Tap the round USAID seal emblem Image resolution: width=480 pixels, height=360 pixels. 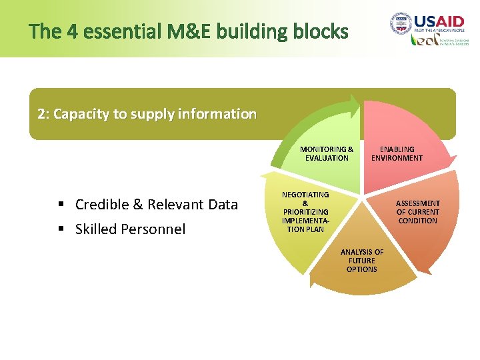point(401,24)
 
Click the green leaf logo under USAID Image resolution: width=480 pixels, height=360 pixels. point(421,40)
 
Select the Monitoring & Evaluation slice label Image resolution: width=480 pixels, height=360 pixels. point(327,153)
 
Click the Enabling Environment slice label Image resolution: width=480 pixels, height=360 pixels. point(397,153)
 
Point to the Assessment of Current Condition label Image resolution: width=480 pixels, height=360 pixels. point(418,211)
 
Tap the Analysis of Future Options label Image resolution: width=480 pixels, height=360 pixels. point(362,261)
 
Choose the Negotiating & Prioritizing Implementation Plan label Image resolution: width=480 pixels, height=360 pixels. point(305,211)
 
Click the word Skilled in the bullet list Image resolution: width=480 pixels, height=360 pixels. point(96,229)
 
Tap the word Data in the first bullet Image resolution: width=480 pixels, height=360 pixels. point(223,205)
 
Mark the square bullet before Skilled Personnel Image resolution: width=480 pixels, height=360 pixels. point(61,229)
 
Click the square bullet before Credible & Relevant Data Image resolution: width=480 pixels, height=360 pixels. point(61,205)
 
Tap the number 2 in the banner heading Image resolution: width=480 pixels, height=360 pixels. point(42,114)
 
